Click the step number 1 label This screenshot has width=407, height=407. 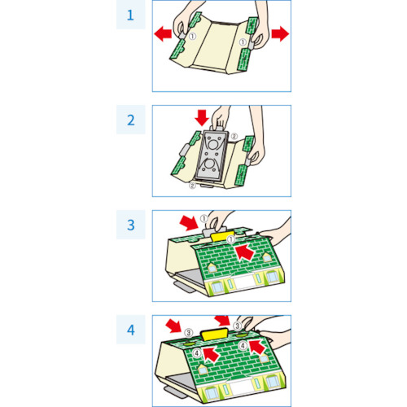130,15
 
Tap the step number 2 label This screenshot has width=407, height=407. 131,120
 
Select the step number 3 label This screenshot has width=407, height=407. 131,225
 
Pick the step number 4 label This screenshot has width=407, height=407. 131,330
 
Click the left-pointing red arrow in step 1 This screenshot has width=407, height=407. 163,34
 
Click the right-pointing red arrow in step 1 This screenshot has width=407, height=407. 280,34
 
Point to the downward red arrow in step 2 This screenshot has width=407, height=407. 202,117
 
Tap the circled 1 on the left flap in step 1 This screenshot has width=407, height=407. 192,37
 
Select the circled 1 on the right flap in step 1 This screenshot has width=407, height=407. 243,42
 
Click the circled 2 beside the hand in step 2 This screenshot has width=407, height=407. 234,136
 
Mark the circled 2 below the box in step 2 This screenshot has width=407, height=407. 192,186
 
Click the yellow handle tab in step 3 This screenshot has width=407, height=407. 222,236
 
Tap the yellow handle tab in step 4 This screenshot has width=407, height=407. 214,335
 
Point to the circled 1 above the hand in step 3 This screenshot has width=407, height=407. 204,218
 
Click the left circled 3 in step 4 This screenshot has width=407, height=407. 189,332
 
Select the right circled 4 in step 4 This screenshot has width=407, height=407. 243,346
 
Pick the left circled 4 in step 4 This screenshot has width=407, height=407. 197,353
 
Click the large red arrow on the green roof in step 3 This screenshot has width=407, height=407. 244,252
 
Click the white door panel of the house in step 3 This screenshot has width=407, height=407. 244,282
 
